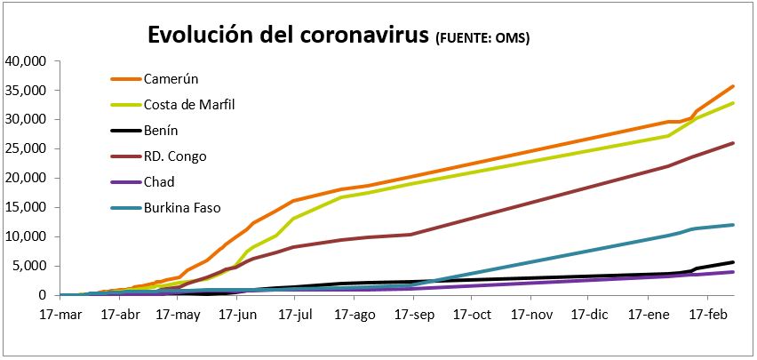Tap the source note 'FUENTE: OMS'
(483, 38)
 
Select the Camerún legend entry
(169, 79)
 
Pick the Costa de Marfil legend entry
(189, 105)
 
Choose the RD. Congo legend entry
(174, 156)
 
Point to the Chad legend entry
(161, 182)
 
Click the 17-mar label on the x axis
(60, 315)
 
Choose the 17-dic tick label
(589, 315)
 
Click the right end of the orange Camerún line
(733, 86)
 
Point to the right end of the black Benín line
(733, 262)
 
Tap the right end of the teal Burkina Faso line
(733, 225)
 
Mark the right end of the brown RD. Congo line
(733, 143)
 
